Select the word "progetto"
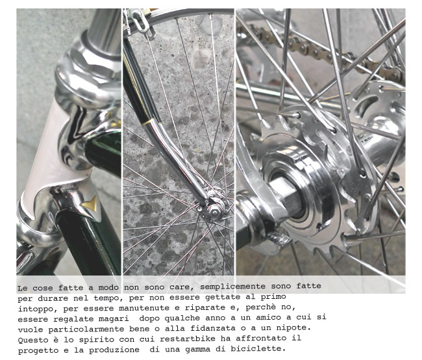tap(38, 349)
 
